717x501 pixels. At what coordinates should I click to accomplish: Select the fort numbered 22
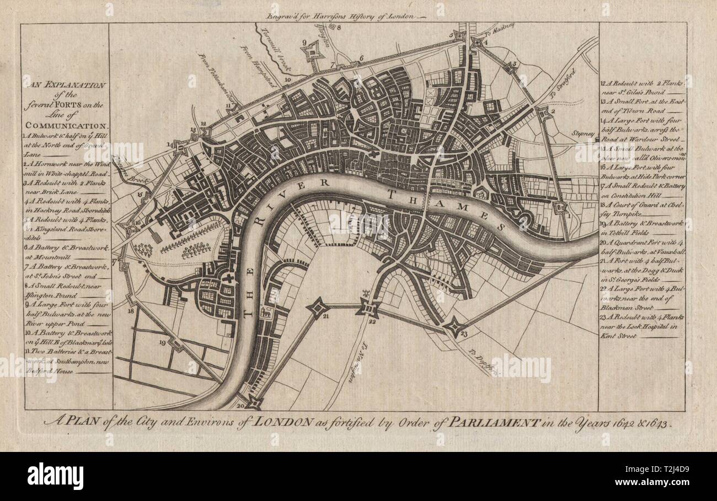coord(367,308)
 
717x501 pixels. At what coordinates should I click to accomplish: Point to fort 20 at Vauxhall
coord(252,402)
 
